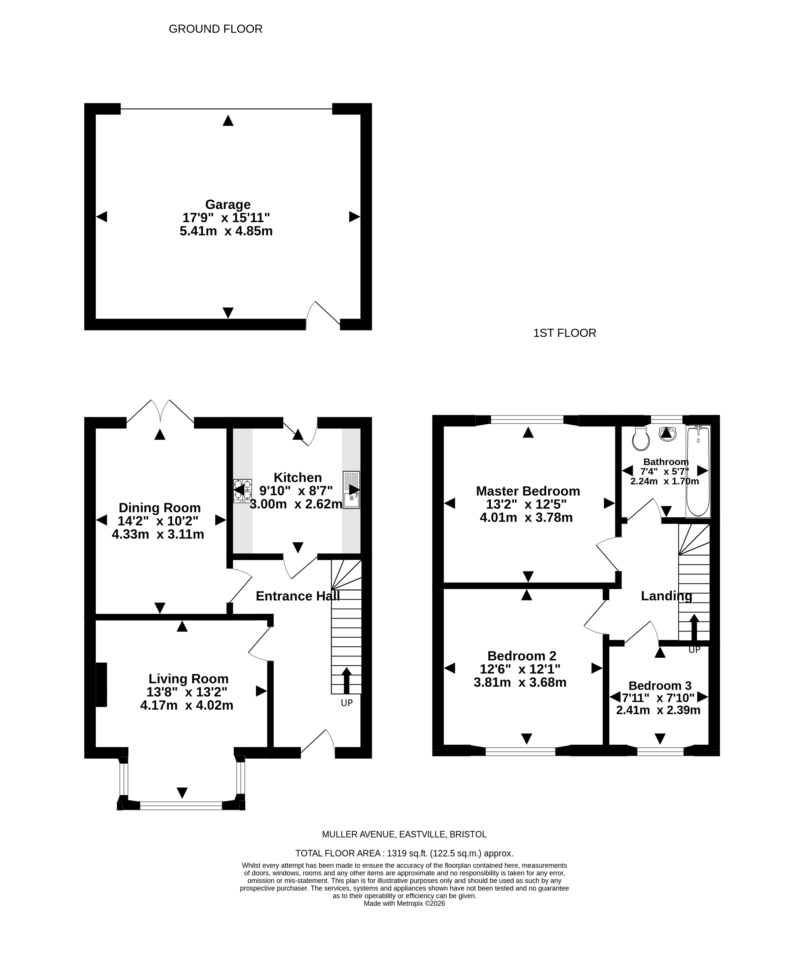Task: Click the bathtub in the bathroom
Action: pos(698,471)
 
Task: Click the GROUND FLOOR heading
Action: pos(216,29)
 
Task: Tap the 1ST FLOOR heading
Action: pos(565,333)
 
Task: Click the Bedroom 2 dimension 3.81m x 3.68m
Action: pos(520,682)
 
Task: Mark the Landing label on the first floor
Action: pos(666,596)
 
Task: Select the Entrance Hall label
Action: pos(298,596)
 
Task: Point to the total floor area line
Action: pos(404,853)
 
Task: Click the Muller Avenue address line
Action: pos(404,834)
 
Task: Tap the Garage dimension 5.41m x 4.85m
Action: pos(226,231)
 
